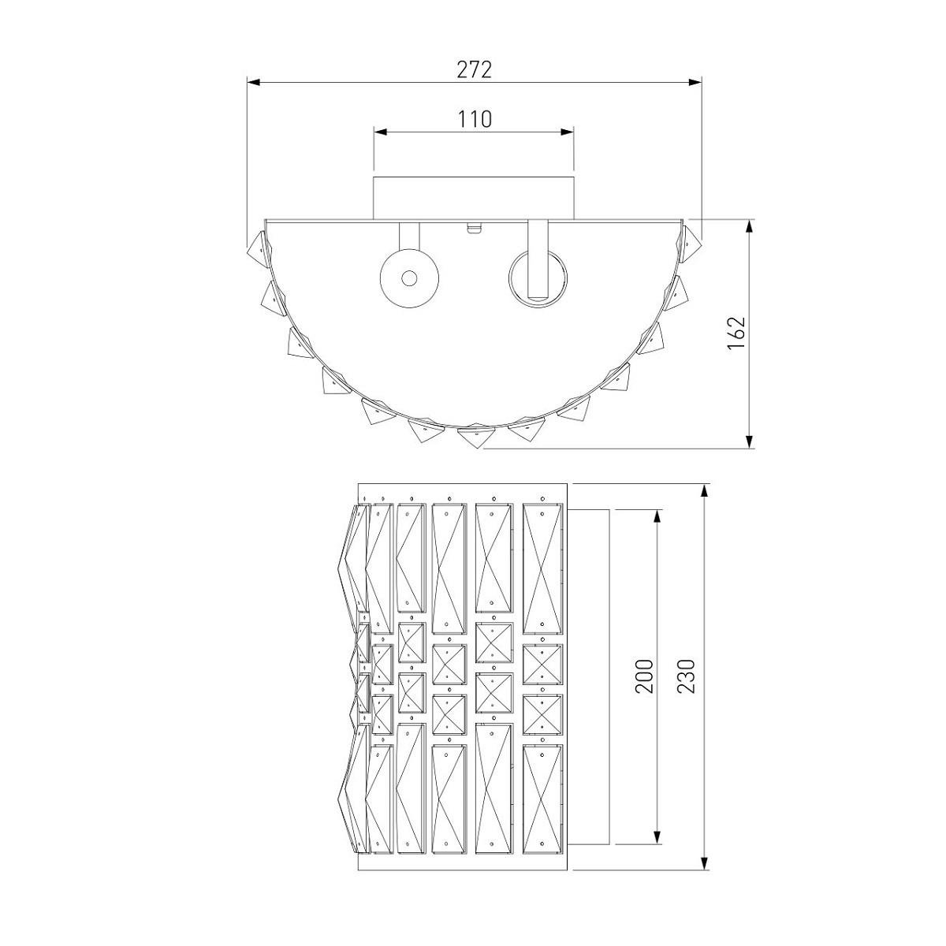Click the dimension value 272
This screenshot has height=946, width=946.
pos(474,69)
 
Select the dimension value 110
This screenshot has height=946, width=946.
pos(475,119)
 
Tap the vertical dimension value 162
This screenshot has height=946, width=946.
pos(736,333)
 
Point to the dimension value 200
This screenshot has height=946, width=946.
pos(644,676)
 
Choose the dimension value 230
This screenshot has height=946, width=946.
pos(687,676)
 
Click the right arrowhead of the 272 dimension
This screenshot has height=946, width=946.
pos(695,82)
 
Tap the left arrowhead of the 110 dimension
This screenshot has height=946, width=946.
pos(381,132)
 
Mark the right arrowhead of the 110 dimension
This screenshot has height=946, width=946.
pos(568,132)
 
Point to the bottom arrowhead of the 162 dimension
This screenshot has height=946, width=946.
pos(750,441)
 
